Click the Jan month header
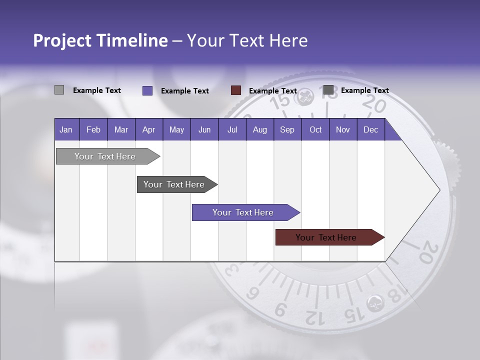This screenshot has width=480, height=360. pyautogui.click(x=66, y=129)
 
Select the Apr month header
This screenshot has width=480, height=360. pyautogui.click(x=148, y=129)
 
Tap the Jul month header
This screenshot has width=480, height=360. pyautogui.click(x=232, y=129)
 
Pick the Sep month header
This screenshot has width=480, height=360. pyautogui.click(x=287, y=129)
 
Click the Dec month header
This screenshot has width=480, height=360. pyautogui.click(x=370, y=129)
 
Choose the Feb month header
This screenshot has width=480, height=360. pyautogui.click(x=93, y=129)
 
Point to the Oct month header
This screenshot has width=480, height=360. pyautogui.click(x=315, y=129)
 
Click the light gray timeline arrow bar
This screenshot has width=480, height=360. pyautogui.click(x=105, y=156)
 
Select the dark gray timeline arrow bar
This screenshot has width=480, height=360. pyautogui.click(x=174, y=184)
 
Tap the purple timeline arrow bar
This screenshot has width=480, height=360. pyautogui.click(x=243, y=212)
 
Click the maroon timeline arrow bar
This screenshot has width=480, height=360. pyautogui.click(x=326, y=237)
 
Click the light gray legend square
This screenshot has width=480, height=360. pyautogui.click(x=59, y=90)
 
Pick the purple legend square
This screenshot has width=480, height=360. pyautogui.click(x=147, y=90)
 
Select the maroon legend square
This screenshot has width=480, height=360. pyautogui.click(x=236, y=90)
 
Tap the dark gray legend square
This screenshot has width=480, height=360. pyautogui.click(x=328, y=90)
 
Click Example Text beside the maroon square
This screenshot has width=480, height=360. pyautogui.click(x=272, y=91)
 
